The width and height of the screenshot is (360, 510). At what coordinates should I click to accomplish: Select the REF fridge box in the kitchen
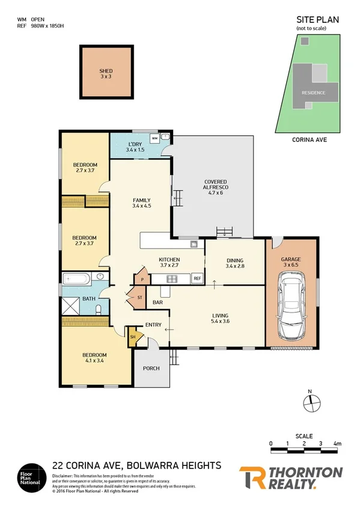pos(197,278)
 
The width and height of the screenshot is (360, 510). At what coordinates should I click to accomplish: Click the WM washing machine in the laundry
pos(154,138)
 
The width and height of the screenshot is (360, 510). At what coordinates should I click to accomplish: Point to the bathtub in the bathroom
pos(76,279)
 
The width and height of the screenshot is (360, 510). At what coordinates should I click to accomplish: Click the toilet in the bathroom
pos(99,309)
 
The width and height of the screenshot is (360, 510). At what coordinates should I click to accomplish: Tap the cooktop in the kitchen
pos(171,278)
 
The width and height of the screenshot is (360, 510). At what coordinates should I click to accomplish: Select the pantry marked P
pos(142,279)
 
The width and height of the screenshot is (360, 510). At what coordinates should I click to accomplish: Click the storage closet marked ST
pos(138,298)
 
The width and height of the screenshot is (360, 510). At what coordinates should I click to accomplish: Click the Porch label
pos(151,368)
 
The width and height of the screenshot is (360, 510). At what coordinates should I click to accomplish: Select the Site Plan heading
pos(317,20)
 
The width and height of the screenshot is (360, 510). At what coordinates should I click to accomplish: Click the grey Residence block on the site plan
pos(313,92)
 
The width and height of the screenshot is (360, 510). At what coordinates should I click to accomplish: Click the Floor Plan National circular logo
pos(30,477)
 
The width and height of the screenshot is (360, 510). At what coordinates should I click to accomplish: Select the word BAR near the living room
pos(159,302)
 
